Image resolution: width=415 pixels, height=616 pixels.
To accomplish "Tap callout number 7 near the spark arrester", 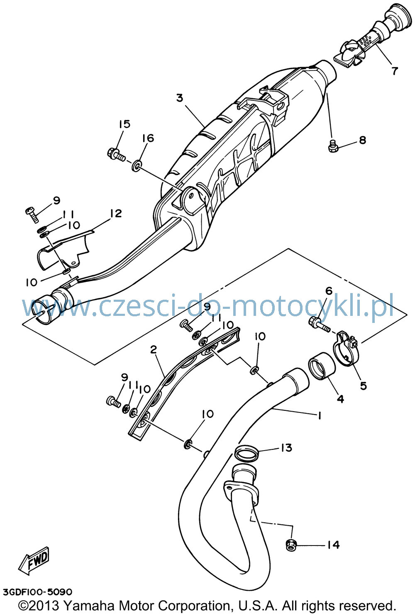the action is (395, 71).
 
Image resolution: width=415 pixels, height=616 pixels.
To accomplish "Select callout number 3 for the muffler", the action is (180, 98).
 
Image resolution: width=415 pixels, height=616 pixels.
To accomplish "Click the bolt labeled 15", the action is (116, 155).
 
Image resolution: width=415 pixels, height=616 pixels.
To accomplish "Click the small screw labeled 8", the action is (333, 146).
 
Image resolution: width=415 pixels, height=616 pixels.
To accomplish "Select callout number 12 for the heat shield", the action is (116, 213).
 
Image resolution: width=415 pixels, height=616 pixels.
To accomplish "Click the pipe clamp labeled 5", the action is (346, 348).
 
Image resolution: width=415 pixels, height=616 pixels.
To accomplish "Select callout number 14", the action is (333, 544).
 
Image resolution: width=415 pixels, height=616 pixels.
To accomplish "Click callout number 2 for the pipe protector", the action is (154, 349).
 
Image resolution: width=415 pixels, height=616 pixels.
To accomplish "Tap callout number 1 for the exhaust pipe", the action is (319, 416).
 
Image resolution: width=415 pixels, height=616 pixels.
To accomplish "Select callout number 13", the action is (287, 448).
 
